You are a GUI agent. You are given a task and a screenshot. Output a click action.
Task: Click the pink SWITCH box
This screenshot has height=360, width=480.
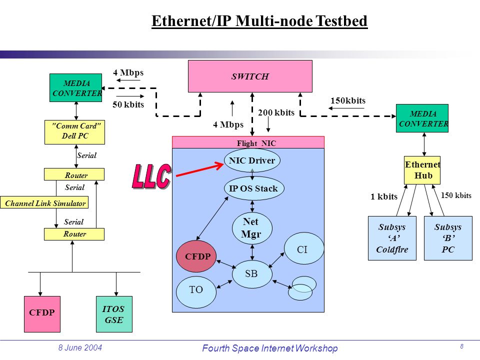coord(250,76)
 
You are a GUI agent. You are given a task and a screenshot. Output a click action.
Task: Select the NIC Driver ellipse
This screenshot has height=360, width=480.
coord(252,160)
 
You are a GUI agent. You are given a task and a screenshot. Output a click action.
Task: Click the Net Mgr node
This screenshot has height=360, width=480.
coord(252,228)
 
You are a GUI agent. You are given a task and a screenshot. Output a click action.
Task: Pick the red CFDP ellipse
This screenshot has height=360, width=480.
coord(196,256)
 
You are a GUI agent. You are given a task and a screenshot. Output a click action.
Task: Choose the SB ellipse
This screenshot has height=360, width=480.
coord(252,274)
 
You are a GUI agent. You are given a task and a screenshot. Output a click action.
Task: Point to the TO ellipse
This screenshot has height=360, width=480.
coord(196,292)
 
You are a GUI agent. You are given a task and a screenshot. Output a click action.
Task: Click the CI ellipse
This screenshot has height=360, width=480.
coord(304,248)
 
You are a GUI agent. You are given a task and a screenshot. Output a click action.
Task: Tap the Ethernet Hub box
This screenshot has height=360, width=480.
coord(422,170)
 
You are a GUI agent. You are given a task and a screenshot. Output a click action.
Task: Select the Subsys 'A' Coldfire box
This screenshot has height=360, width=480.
coord(392,238)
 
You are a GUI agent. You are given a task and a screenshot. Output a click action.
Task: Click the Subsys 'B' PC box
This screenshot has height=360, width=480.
coord(448,238)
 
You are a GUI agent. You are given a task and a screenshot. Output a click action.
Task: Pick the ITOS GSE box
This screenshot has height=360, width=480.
coord(114,314)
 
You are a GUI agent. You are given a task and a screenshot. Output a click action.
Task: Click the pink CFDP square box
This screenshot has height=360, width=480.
coord(42,314)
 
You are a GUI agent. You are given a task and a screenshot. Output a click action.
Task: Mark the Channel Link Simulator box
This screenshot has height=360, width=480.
coord(44,202)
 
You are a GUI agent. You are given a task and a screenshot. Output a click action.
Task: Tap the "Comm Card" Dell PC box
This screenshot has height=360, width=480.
coord(74,132)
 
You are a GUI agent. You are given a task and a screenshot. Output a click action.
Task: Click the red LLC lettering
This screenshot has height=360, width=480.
coord(151,176)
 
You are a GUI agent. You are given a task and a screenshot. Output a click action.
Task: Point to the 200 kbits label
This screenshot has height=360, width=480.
coord(276,112)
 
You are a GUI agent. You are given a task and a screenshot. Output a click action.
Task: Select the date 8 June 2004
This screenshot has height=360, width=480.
coord(80,347)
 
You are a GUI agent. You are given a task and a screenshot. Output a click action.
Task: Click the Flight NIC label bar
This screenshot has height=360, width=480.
coord(248,142)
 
